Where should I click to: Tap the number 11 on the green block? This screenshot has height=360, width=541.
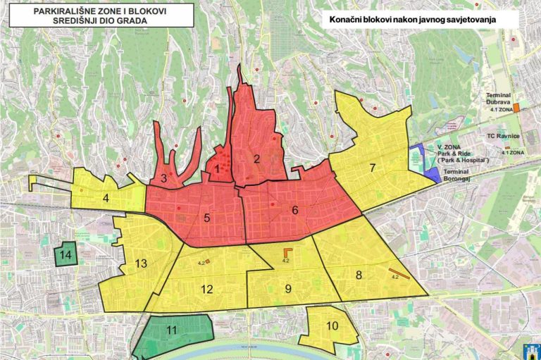click(172, 330)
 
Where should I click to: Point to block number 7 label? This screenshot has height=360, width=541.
click(373, 168)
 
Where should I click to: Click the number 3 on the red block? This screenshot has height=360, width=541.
click(163, 178)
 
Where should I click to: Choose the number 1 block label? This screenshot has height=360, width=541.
click(218, 169)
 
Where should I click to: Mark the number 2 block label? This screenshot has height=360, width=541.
click(257, 158)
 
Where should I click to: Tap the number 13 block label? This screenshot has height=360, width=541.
click(141, 263)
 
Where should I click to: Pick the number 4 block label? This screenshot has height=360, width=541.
click(106, 197)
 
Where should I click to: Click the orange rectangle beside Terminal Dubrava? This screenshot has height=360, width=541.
click(516, 107)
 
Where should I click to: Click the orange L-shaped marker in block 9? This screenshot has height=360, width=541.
click(287, 252)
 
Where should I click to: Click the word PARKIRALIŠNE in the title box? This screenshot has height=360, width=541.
click(66, 11)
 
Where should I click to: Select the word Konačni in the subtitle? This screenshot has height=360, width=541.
click(345, 20)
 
